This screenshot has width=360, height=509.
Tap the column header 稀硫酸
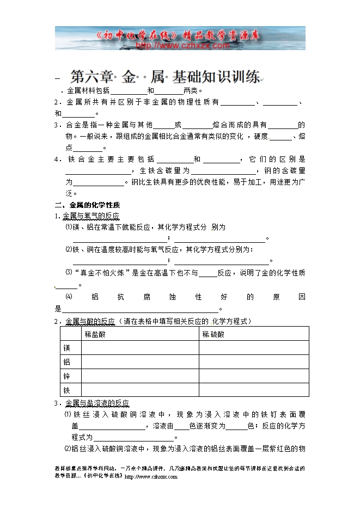click(x=213, y=334)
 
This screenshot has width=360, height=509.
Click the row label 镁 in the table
click(x=67, y=348)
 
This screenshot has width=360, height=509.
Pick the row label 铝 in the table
click(x=67, y=362)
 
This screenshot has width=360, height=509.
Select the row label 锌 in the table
click(x=67, y=376)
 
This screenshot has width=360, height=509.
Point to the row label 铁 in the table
click(x=67, y=390)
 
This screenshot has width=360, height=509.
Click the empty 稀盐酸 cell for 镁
click(x=139, y=348)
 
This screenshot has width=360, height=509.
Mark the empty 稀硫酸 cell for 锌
click(x=254, y=376)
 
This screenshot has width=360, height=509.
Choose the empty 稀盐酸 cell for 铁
click(x=139, y=390)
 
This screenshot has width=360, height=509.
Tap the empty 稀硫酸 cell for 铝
click(x=254, y=362)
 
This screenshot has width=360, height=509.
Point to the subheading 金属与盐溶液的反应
click(x=97, y=403)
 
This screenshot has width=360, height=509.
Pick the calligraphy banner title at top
click(x=180, y=36)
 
